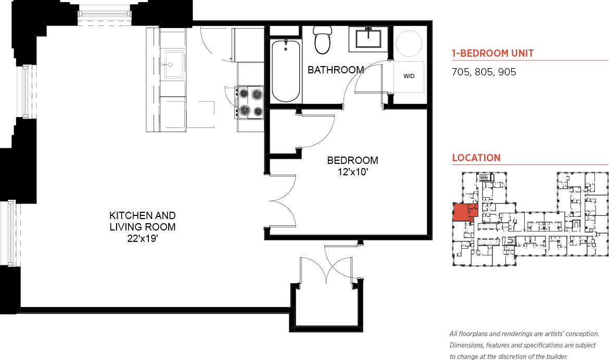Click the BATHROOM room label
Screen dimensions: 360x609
tap(335, 70)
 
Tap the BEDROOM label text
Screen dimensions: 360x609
tap(352, 160)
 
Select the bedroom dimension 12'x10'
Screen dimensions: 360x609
tap(352, 171)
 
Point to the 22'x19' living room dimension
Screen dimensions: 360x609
tap(142, 239)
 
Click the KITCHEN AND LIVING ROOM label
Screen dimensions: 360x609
tap(142, 221)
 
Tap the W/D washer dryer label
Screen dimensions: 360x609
tap(409, 76)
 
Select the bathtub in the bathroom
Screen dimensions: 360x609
tap(286, 71)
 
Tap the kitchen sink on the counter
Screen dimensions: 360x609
tap(174, 65)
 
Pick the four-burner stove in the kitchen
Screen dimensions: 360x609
tap(250, 102)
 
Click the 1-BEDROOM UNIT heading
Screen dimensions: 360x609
tap(492, 53)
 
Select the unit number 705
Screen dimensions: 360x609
tap(461, 72)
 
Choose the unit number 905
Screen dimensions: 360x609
tap(507, 72)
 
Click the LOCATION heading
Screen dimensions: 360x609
tap(476, 158)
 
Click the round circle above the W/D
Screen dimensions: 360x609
tap(409, 44)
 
